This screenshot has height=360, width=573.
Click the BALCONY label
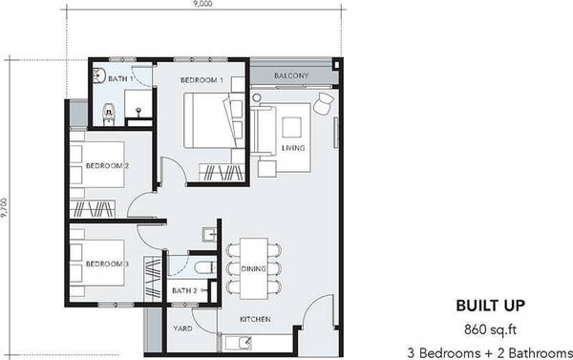(291, 75)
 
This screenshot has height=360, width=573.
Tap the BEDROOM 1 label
(202, 80)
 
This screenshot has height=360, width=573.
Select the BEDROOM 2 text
(107, 166)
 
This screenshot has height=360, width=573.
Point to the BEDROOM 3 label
(107, 264)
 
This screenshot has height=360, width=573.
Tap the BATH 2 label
(184, 291)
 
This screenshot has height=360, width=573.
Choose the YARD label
(182, 328)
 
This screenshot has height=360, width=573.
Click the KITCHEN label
(255, 320)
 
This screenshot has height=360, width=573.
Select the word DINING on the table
(253, 269)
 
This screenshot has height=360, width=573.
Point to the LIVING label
(293, 148)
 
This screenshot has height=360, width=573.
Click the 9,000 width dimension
(203, 4)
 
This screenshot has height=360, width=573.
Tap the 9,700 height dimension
(4, 208)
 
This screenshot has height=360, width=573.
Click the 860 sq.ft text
(490, 329)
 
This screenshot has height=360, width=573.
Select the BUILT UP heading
(491, 306)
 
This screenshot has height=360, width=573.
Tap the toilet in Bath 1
(109, 114)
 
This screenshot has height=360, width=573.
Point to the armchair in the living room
(324, 103)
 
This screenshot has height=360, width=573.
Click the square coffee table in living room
(291, 127)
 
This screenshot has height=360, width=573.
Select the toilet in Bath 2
(205, 268)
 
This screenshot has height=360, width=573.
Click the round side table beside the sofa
(257, 97)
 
